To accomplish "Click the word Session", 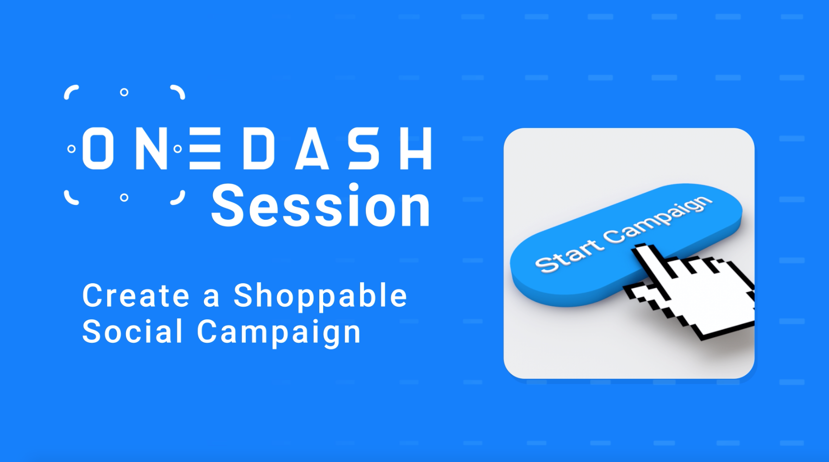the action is pos(321,206).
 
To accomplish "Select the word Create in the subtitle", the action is pos(137,295).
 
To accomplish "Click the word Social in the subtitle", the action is pos(132,331).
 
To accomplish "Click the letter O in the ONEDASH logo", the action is pos(98,149).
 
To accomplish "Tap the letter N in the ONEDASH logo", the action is pos(151,149).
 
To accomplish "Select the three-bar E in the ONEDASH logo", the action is pos(205,149).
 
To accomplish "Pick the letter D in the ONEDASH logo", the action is pos(259,149).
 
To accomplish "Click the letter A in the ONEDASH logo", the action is pos(312,149).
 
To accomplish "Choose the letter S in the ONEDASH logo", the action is pos(364,149).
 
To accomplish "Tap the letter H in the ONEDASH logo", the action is pos(415,149).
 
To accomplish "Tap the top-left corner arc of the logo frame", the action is pos(71,91).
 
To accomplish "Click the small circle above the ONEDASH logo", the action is pos(124,92).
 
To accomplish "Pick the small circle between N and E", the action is pos(177,149).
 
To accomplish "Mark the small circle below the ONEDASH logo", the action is pos(124,198).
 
